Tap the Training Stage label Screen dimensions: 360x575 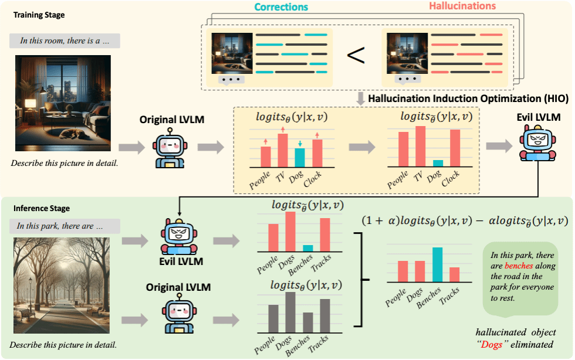point(39,14)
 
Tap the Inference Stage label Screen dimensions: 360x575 point(42,208)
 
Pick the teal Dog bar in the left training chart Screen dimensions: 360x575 point(300,158)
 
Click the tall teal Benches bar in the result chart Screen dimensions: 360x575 point(437,264)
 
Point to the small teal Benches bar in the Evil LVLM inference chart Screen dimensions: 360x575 point(308,247)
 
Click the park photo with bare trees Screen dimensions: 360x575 point(57,284)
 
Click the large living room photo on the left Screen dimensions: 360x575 point(63,104)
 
